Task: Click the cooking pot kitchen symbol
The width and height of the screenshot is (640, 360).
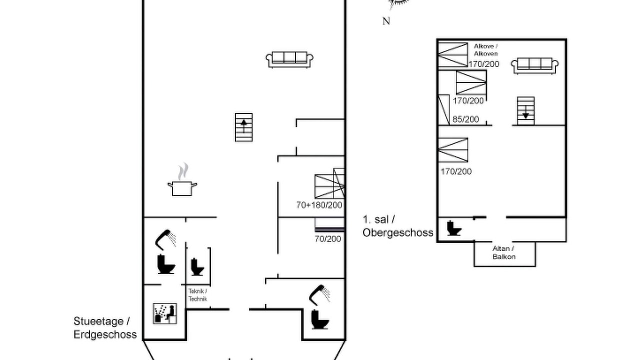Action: coord(182,179)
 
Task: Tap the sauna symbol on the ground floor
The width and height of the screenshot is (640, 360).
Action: coord(165,313)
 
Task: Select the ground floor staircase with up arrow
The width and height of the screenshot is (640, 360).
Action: coord(244,127)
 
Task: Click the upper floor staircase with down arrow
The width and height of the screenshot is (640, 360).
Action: coord(526,111)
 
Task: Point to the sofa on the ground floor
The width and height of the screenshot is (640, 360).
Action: coord(289,60)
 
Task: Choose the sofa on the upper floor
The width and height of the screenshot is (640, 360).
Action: coord(535,66)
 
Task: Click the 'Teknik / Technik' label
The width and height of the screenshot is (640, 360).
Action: coord(198,295)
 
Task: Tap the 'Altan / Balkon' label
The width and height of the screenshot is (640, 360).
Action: coord(504,253)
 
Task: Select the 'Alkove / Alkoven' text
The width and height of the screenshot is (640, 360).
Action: coord(486,50)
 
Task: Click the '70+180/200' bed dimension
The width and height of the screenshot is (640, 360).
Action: coord(319,205)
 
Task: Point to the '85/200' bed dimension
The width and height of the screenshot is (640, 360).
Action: coord(466,119)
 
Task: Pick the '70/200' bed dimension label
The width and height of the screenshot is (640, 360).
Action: coord(328,239)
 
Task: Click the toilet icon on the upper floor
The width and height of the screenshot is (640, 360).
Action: coord(454,228)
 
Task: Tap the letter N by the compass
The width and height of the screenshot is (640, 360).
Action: coord(386,21)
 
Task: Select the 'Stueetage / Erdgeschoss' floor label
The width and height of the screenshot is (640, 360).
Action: coord(105,328)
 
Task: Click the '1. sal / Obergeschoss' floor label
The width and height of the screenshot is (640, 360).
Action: coord(398,226)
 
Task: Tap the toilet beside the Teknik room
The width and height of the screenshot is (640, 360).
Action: coord(197,267)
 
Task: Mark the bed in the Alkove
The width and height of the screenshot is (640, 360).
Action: coord(453,55)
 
